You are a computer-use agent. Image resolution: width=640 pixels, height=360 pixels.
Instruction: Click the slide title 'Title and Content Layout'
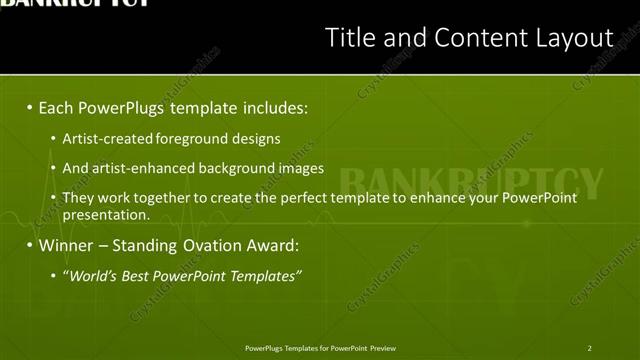click(469, 38)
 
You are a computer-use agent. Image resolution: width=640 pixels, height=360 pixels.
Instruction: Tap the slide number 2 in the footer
click(589, 348)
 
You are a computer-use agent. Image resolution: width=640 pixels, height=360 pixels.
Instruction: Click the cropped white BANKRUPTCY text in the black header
click(76, 4)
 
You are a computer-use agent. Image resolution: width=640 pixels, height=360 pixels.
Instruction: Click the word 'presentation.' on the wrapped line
click(106, 214)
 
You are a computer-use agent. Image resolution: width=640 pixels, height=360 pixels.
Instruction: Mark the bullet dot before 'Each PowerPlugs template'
click(30, 107)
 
